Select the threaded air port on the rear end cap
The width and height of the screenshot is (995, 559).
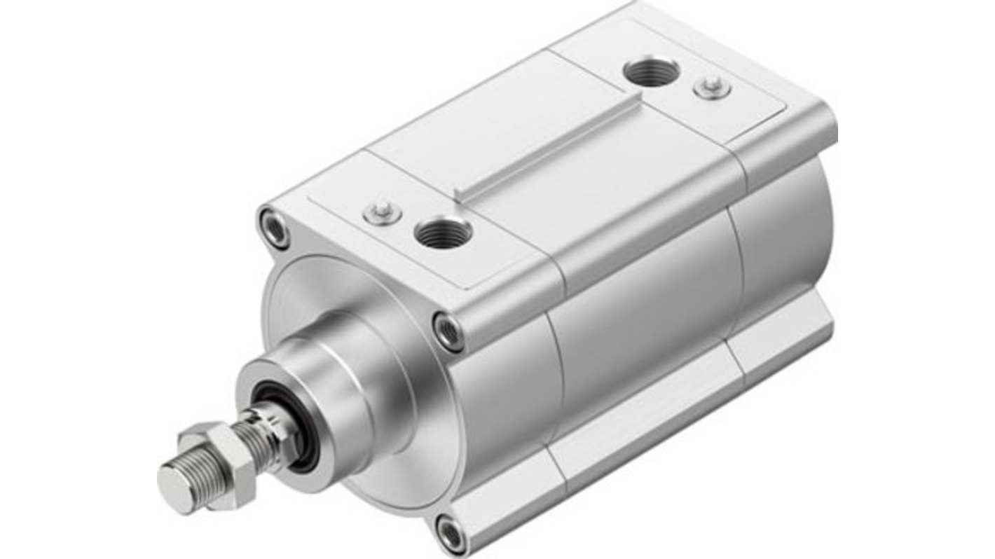pyautogui.click(x=651, y=71)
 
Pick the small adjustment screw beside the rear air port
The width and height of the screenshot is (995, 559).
pyautogui.click(x=713, y=88)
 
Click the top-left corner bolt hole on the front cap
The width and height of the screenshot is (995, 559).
pyautogui.click(x=274, y=228)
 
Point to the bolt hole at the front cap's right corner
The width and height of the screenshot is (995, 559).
pyautogui.click(x=448, y=331)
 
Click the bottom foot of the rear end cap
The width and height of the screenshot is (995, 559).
pyautogui.click(x=785, y=343)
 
